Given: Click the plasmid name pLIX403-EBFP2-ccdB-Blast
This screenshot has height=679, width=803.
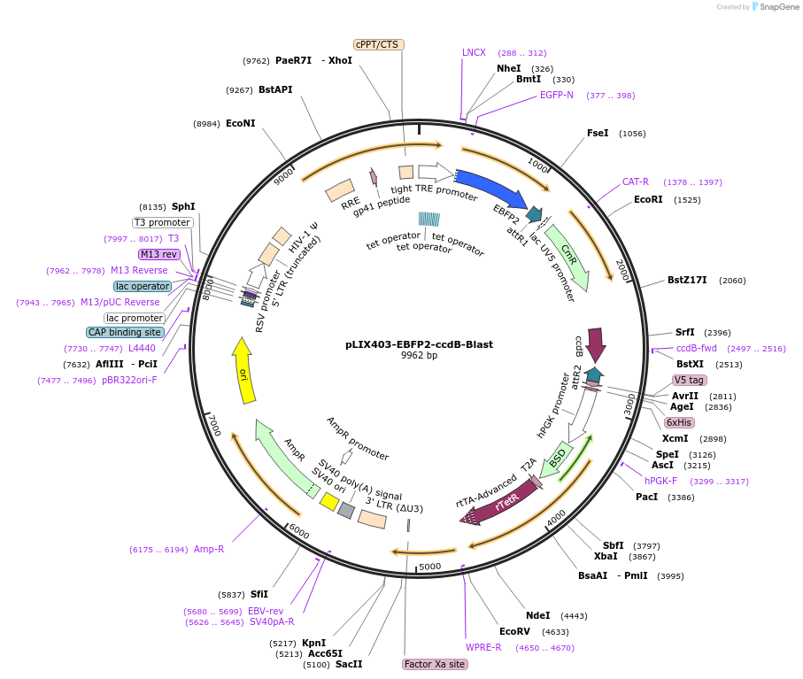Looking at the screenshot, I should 419,344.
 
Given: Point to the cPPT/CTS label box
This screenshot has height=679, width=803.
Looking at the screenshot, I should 379,44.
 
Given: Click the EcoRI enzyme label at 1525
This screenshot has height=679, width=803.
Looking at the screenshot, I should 649,199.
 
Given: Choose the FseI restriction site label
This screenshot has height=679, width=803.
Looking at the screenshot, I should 598,133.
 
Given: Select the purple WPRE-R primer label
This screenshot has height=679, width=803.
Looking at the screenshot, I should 483,647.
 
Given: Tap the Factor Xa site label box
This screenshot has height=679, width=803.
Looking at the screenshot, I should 434,664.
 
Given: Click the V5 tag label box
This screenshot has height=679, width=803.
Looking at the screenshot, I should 690,380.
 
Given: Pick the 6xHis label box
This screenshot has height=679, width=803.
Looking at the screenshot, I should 680,422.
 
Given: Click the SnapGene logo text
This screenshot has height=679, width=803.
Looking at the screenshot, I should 776,7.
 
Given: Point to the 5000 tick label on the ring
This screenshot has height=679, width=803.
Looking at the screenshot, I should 429,566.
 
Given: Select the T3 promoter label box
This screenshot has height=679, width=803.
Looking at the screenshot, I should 163,222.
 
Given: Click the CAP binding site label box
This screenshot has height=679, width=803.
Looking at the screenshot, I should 125,332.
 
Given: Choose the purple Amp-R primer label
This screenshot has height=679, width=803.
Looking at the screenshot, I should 209,549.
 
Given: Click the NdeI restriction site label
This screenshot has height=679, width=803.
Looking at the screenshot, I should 537,615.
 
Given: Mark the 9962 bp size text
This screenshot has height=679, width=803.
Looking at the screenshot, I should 419,356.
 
